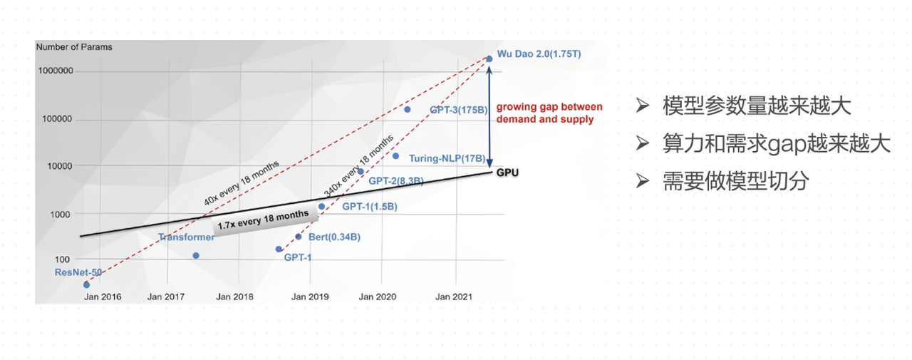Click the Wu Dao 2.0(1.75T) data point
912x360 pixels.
click(x=489, y=58)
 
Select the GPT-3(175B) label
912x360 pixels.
click(x=457, y=110)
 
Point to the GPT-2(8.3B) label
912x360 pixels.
click(x=396, y=181)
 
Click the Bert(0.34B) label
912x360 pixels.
click(x=333, y=237)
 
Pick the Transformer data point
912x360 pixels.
click(x=196, y=255)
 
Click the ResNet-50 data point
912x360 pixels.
click(x=87, y=284)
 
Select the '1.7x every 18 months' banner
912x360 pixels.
click(x=264, y=222)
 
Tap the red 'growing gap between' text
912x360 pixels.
click(x=549, y=107)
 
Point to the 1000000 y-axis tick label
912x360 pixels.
click(x=54, y=71)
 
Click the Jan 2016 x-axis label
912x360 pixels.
click(x=102, y=297)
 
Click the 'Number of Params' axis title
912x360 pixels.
click(x=73, y=47)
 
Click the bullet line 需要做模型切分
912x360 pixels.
click(x=735, y=181)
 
